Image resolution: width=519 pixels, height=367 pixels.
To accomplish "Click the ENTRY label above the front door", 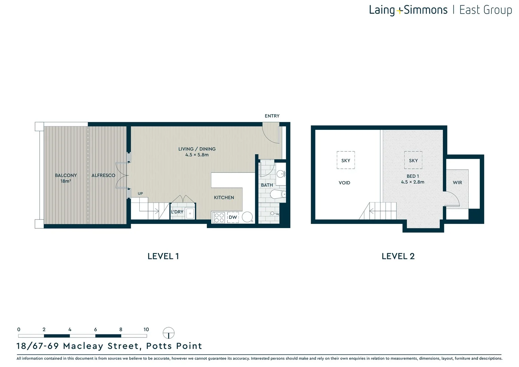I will point(272,116).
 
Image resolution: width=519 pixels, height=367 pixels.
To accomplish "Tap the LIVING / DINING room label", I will point(197,149).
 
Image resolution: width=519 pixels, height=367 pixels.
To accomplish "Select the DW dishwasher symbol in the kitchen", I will point(233,217).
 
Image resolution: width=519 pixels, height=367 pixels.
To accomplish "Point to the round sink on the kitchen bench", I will point(247,217).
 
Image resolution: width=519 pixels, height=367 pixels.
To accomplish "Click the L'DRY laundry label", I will point(177,212).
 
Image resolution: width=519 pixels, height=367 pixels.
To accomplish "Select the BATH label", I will point(267,185).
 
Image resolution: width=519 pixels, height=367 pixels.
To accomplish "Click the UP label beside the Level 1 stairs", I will point(140,194).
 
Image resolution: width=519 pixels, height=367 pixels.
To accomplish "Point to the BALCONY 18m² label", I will point(66,178).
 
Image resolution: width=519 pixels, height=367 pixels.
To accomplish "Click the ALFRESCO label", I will point(103,175).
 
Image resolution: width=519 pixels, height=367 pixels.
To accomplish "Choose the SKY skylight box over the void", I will point(346,160).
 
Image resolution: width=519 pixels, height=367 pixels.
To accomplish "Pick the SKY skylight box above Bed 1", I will point(413,160).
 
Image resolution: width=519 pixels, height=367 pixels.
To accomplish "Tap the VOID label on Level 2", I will point(344,183).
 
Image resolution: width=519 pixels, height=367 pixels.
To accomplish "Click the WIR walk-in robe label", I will point(457,182).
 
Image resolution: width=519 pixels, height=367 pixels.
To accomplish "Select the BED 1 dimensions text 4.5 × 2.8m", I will point(412,182).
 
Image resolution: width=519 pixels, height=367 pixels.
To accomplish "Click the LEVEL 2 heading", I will point(398,256).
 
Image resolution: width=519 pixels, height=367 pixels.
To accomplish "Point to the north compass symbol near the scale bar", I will point(168,333).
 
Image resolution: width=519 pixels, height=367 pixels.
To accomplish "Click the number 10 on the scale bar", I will point(146,329).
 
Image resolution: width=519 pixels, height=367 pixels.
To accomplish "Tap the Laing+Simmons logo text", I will point(408,10).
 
